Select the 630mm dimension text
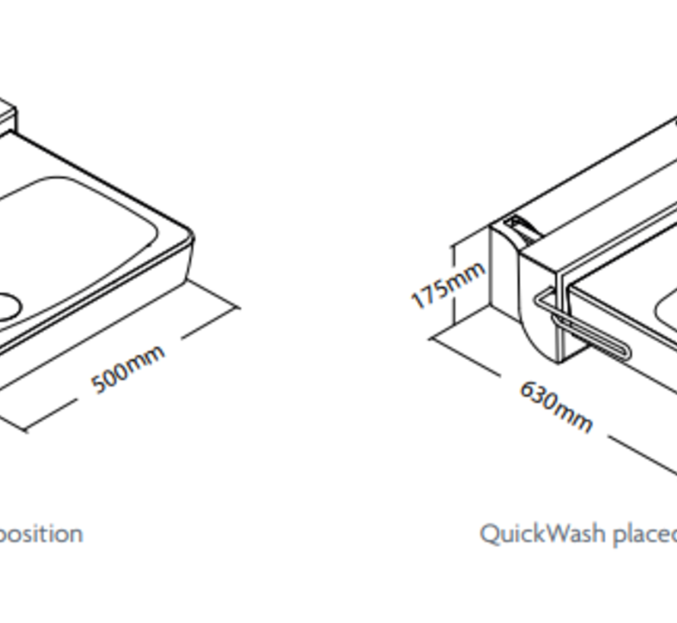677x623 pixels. (x=555, y=406)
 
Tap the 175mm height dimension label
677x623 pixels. (x=447, y=286)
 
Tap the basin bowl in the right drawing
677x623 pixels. (x=666, y=311)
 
